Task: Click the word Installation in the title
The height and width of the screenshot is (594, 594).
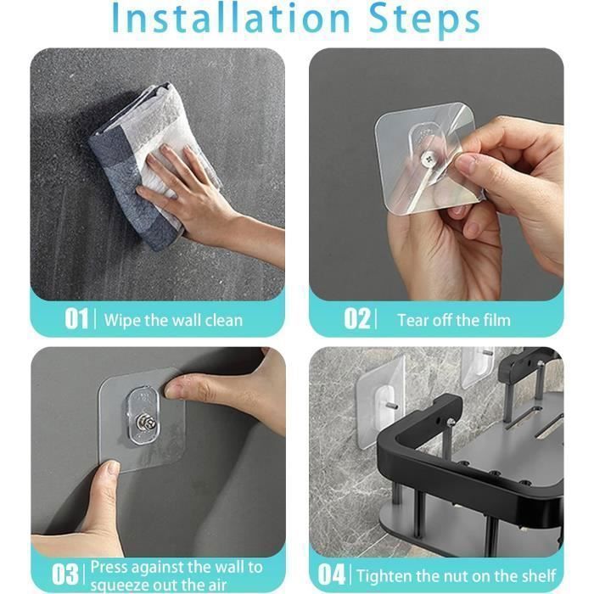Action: [231, 18]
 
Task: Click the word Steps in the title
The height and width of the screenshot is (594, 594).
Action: [424, 20]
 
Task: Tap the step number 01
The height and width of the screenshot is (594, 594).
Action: [76, 318]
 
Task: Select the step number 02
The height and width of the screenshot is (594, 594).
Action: [357, 318]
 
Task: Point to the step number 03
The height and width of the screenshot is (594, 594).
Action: [65, 574]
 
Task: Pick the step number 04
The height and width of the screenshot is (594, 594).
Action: [332, 574]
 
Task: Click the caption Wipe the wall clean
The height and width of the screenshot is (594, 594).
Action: [173, 320]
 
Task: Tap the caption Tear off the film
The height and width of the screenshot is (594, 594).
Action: [454, 320]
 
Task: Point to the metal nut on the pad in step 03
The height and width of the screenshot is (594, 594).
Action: [146, 423]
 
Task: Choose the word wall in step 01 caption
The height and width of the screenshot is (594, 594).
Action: [186, 320]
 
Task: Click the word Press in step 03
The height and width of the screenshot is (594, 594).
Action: [109, 567]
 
